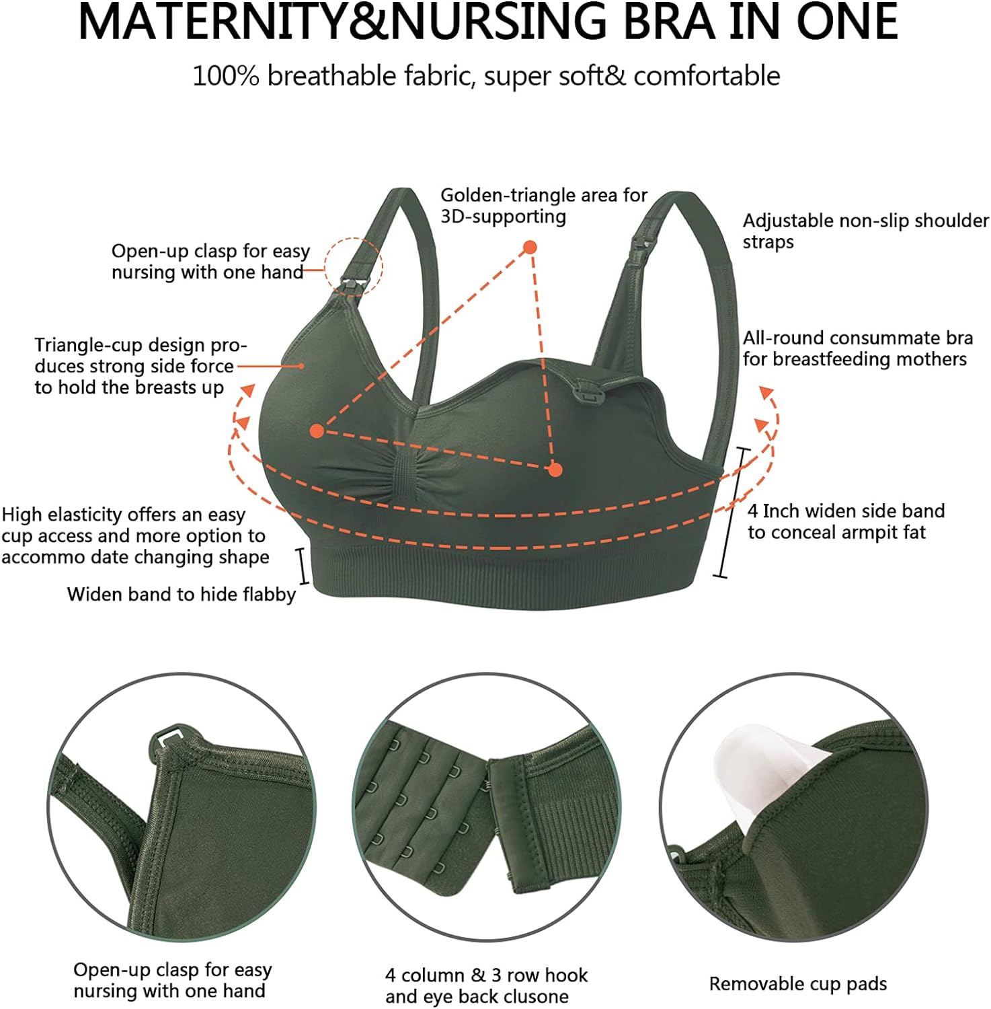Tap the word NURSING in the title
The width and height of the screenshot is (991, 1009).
(x=498, y=22)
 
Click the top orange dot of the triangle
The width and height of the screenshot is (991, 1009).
(x=530, y=247)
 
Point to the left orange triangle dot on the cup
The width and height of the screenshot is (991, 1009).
(x=317, y=431)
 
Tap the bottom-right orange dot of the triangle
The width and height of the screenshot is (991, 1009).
(x=555, y=470)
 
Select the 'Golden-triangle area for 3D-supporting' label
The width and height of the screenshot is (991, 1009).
(x=544, y=205)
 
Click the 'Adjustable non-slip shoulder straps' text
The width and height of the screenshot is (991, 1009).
(x=866, y=231)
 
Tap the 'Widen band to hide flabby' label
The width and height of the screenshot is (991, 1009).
(x=182, y=595)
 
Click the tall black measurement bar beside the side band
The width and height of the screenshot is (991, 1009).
(x=732, y=513)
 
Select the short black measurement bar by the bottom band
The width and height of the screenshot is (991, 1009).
(x=302, y=566)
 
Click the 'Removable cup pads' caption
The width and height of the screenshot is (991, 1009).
(x=798, y=984)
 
